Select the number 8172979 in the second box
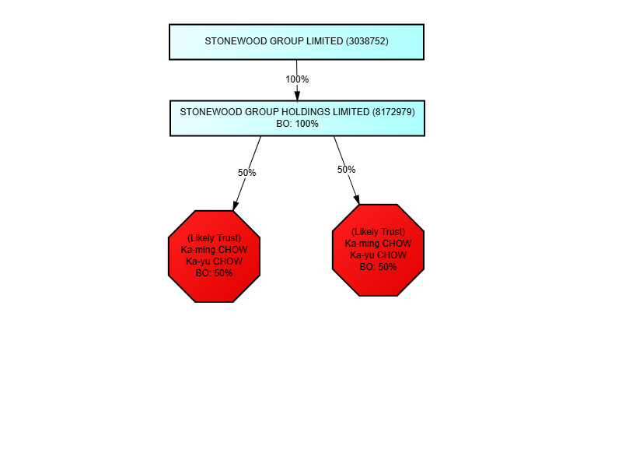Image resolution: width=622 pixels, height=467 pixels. pyautogui.click(x=393, y=112)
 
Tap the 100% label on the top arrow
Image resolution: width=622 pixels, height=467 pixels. pyautogui.click(x=297, y=79)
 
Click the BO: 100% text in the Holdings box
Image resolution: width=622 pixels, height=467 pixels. pyautogui.click(x=297, y=124)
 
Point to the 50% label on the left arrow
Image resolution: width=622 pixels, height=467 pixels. pyautogui.click(x=247, y=173)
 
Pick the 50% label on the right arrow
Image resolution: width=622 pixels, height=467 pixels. pyautogui.click(x=347, y=170)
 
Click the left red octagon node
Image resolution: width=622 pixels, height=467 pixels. pyautogui.click(x=214, y=256)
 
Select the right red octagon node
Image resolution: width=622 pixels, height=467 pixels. pyautogui.click(x=378, y=250)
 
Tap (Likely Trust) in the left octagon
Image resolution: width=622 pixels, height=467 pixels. pyautogui.click(x=214, y=238)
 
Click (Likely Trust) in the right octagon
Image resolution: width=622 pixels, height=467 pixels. pyautogui.click(x=378, y=232)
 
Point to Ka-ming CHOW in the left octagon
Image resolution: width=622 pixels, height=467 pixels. pyautogui.click(x=214, y=250)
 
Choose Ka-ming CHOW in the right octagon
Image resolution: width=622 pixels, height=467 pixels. pyautogui.click(x=378, y=244)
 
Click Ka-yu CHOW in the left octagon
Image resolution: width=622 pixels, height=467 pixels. pyautogui.click(x=214, y=262)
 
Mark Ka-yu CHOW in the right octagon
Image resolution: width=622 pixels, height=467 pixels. pyautogui.click(x=378, y=255)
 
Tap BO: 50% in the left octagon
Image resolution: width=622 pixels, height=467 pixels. pyautogui.click(x=214, y=273)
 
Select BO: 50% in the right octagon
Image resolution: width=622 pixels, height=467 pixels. pyautogui.click(x=378, y=267)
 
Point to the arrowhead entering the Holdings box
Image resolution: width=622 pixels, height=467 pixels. pyautogui.click(x=297, y=95)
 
